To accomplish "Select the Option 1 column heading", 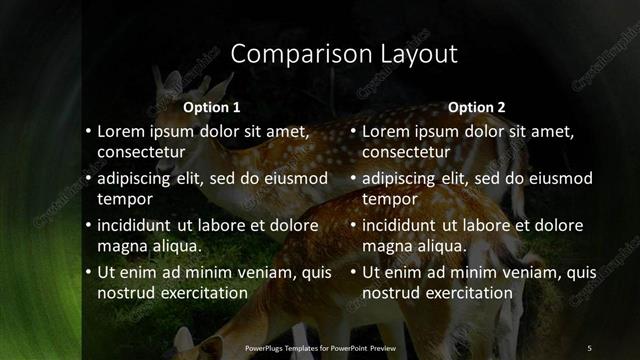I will click(x=212, y=106).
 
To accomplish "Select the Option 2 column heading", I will click(x=477, y=106).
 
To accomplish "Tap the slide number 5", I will click(x=589, y=347).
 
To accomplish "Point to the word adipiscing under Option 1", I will click(x=139, y=179).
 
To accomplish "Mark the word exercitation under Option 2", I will click(x=469, y=293).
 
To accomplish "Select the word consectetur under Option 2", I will click(x=407, y=152).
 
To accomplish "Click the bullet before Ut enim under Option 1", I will click(x=88, y=272).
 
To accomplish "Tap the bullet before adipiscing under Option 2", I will click(x=353, y=179).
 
